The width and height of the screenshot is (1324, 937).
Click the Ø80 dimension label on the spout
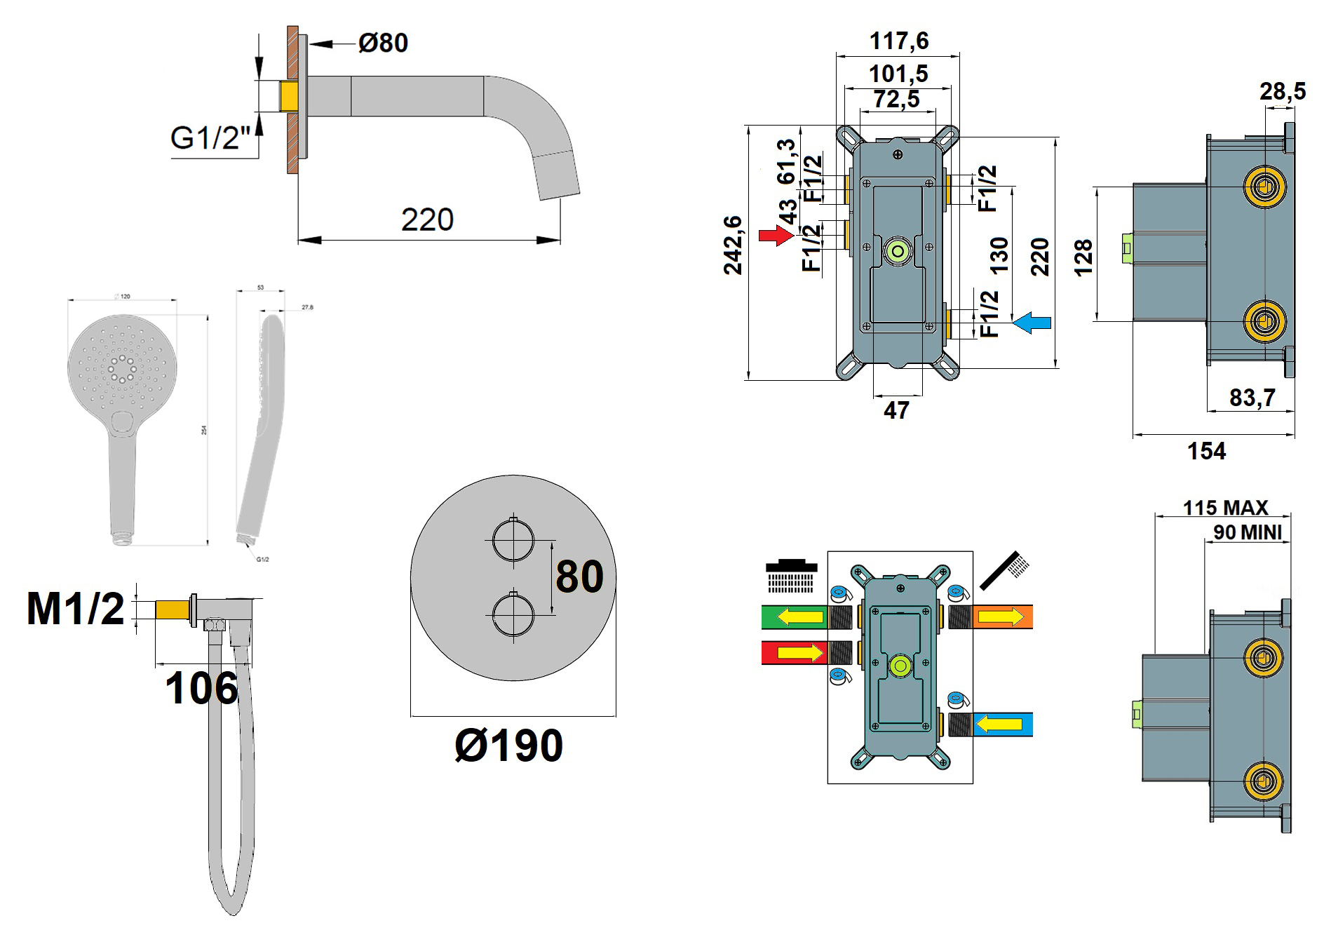click(383, 43)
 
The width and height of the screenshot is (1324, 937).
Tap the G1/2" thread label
click(210, 138)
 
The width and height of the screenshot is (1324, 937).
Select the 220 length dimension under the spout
click(427, 220)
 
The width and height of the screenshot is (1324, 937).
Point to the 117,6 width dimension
click(899, 41)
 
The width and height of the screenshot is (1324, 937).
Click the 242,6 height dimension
click(733, 245)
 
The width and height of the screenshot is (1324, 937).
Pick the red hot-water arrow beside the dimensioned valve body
click(776, 235)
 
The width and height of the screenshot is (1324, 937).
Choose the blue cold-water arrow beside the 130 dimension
click(1032, 323)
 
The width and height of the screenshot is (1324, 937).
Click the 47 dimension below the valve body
click(896, 410)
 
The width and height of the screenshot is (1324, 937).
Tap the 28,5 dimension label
click(1283, 91)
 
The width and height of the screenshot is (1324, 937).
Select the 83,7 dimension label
click(1252, 398)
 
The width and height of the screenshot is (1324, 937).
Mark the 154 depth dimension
click(1206, 451)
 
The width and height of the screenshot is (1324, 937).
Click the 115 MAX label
click(1225, 507)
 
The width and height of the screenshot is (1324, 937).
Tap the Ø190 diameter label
click(509, 746)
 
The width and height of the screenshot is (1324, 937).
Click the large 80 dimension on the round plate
click(579, 577)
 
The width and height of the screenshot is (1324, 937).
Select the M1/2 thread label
click(76, 608)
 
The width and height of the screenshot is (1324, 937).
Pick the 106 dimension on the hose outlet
click(202, 689)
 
